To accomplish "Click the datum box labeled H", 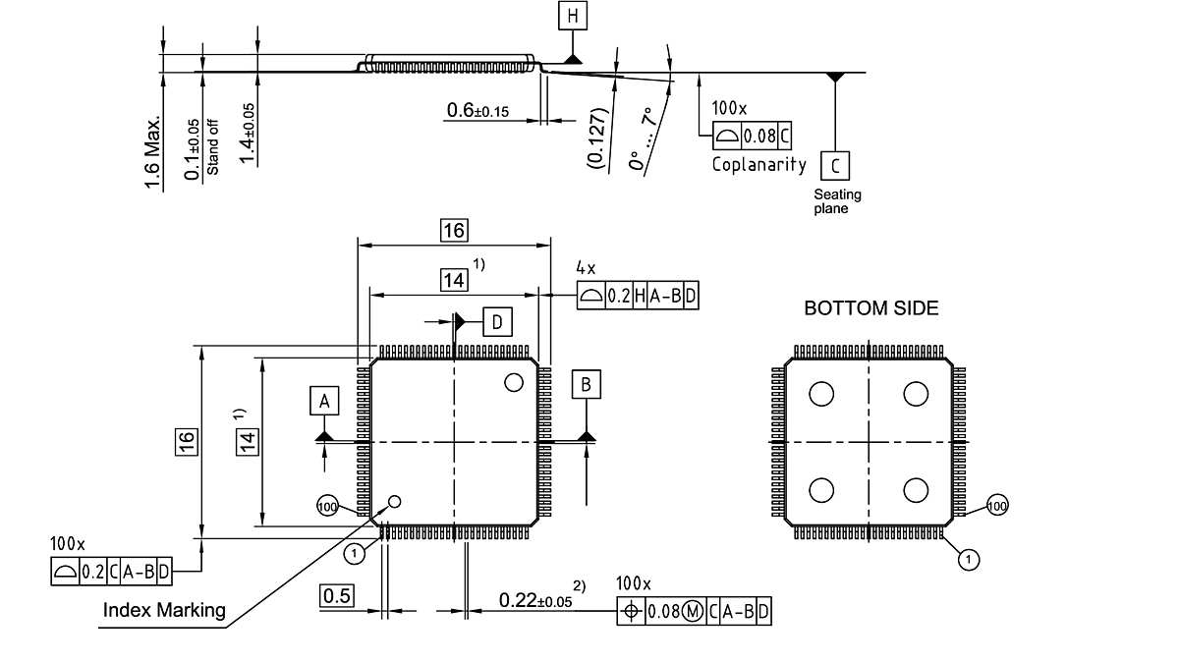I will pyautogui.click(x=572, y=17).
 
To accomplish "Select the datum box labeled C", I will pyautogui.click(x=834, y=165).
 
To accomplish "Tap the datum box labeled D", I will pyautogui.click(x=497, y=322).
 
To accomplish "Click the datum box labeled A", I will pyautogui.click(x=324, y=401).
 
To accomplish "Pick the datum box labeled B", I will pyautogui.click(x=587, y=384).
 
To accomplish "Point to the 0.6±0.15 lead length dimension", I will pyautogui.click(x=477, y=111).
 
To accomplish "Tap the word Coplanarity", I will pyautogui.click(x=758, y=164).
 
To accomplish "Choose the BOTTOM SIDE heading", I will pyautogui.click(x=870, y=308).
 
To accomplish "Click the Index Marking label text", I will pyautogui.click(x=164, y=610).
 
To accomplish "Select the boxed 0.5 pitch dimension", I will pyautogui.click(x=336, y=596).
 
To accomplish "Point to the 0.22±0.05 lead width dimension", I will pyautogui.click(x=535, y=599).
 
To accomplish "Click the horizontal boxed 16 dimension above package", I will pyautogui.click(x=453, y=231).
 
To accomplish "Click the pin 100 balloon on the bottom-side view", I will pyautogui.click(x=997, y=506).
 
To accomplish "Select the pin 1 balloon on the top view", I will pyautogui.click(x=356, y=554).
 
